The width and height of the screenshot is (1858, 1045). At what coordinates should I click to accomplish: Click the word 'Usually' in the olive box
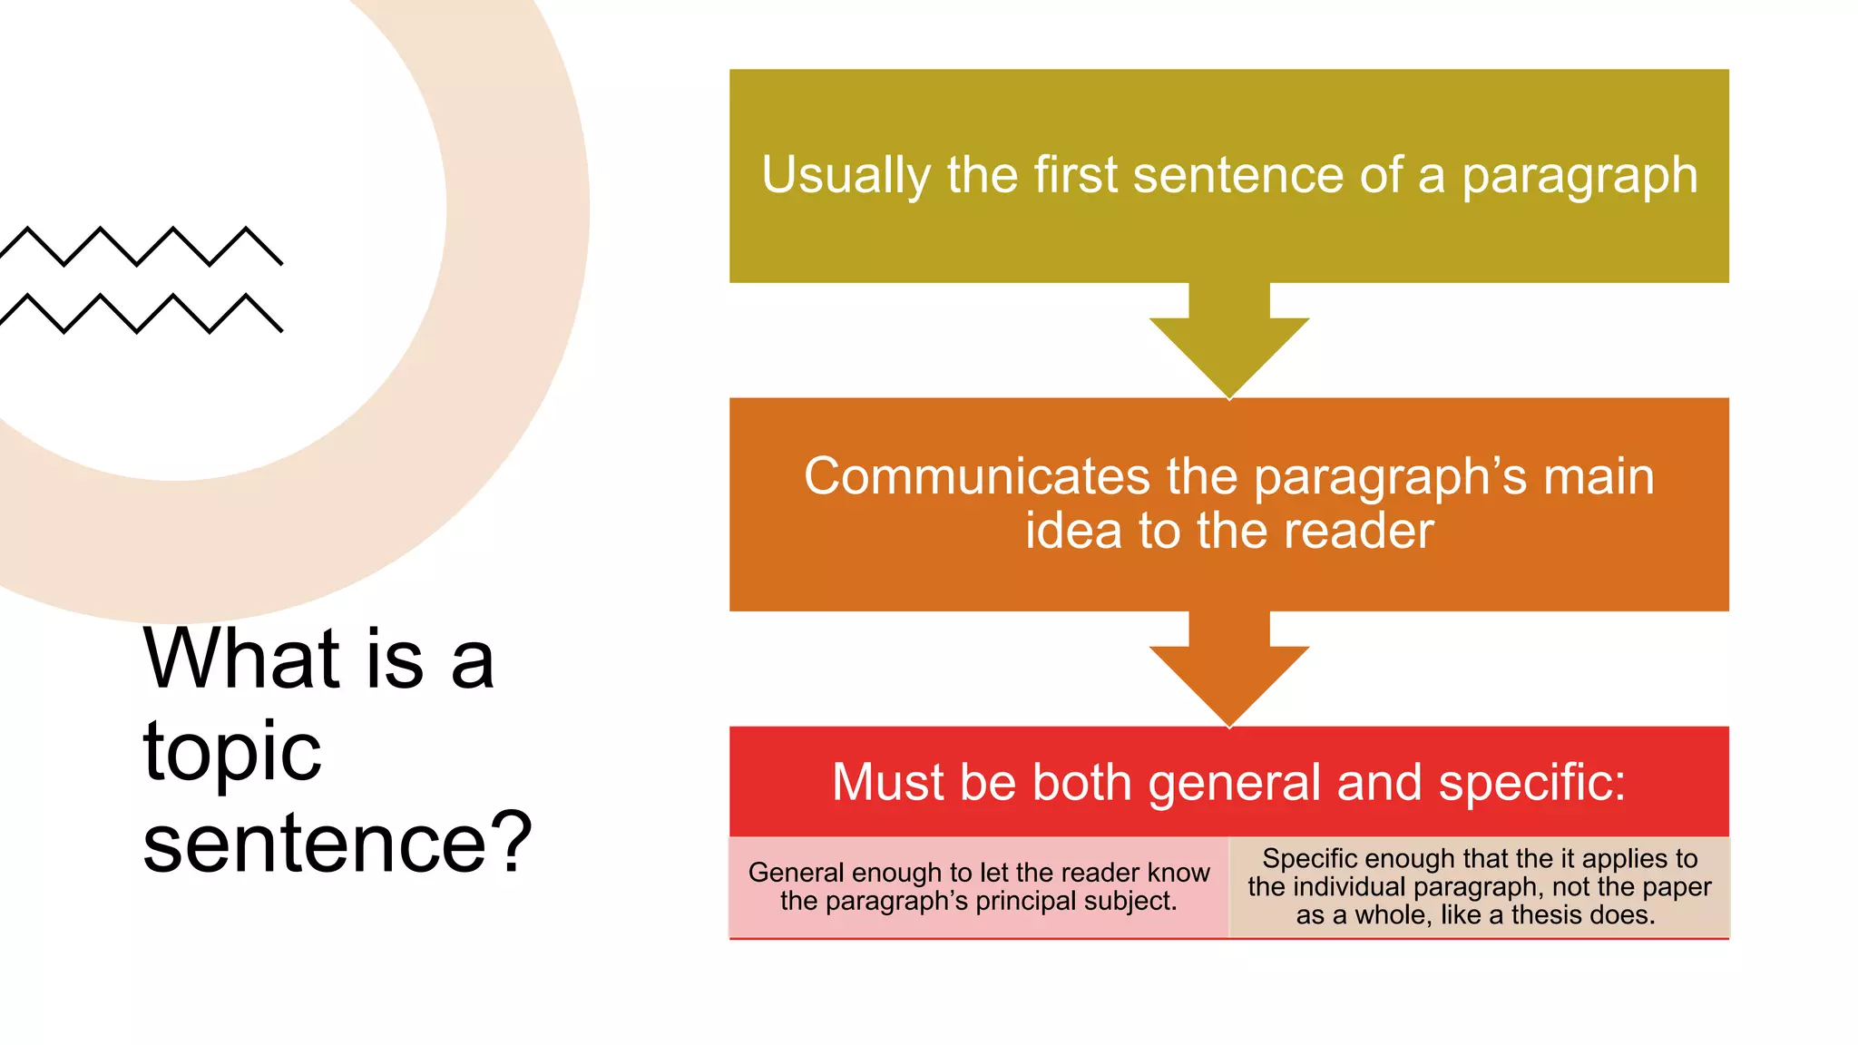coord(846,175)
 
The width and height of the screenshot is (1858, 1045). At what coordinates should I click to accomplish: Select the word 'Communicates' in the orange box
coord(976,476)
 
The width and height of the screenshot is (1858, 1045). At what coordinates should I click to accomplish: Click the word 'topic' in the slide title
coord(232,753)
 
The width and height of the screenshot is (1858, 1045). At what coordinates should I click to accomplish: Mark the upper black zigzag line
coord(141,246)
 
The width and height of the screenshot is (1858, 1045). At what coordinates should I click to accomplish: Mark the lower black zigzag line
coord(141,313)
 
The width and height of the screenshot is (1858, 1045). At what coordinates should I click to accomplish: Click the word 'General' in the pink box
coord(796,873)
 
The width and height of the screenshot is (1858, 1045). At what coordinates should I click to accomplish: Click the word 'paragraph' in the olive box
coord(1579,176)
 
